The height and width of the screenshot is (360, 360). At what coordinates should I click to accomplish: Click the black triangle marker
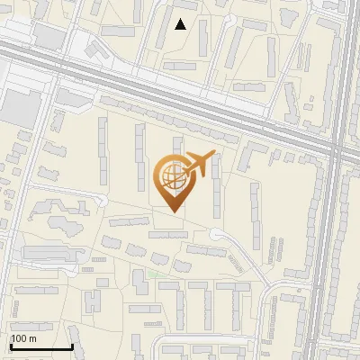tap(181, 24)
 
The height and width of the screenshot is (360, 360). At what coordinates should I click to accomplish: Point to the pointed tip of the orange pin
tap(171, 211)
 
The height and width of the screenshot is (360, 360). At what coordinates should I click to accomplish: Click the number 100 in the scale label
tap(19, 338)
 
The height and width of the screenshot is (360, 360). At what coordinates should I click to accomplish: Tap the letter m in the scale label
tap(32, 338)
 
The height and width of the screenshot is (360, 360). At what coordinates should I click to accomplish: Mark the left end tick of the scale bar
tap(11, 346)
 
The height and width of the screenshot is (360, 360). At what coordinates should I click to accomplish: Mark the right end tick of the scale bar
tap(72, 346)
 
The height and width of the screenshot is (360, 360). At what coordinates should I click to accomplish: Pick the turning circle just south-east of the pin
tap(217, 235)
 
